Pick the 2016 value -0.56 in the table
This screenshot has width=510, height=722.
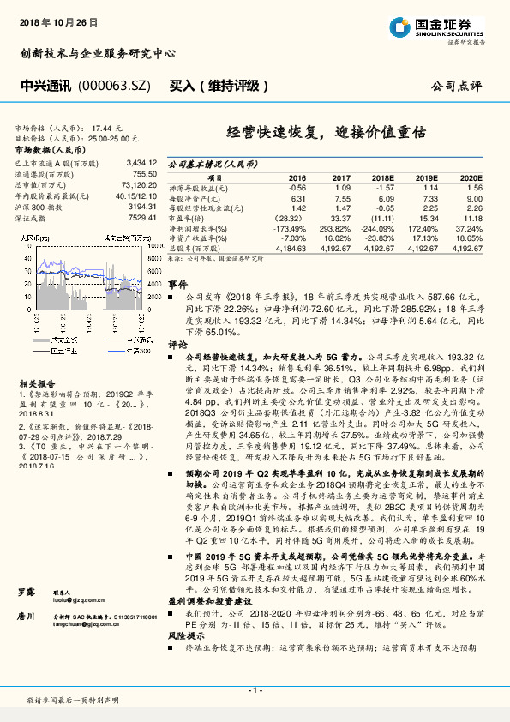[x=297, y=186]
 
